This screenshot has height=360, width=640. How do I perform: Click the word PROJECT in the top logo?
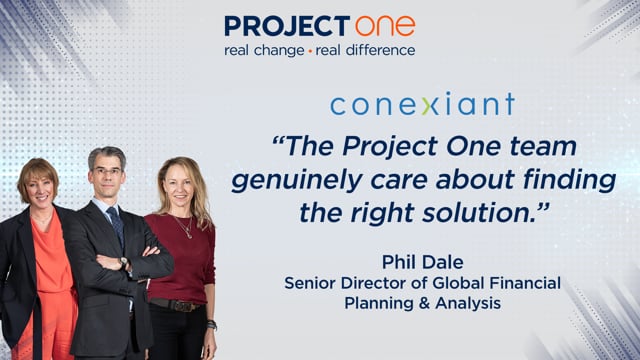tap(287, 26)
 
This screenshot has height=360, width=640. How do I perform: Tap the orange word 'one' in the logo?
tap(385, 26)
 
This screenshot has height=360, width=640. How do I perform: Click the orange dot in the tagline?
tap(310, 51)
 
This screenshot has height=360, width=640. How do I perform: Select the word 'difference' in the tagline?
tap(380, 50)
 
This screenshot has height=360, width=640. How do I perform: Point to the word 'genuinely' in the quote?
tap(297, 181)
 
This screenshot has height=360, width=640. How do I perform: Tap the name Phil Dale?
tap(422, 262)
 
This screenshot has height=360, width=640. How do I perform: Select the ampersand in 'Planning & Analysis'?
tap(423, 303)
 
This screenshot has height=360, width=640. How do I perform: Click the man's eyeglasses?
tap(107, 171)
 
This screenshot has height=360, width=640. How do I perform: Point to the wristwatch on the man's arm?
tap(124, 262)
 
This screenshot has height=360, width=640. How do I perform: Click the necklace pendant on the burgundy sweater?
tap(188, 235)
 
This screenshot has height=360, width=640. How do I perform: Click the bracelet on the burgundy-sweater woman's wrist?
tap(211, 324)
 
